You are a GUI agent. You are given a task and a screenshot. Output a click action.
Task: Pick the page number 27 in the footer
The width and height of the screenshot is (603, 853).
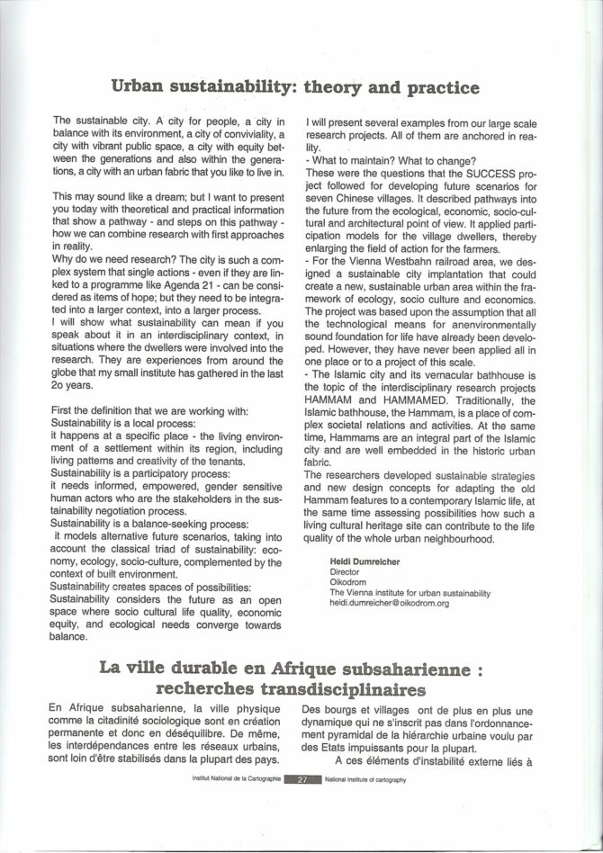click(x=301, y=781)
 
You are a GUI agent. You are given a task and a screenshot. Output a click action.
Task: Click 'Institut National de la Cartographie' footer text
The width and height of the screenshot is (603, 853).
click(x=231, y=781)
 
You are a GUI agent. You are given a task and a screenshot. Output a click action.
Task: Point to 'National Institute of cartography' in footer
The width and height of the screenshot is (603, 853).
click(x=366, y=781)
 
